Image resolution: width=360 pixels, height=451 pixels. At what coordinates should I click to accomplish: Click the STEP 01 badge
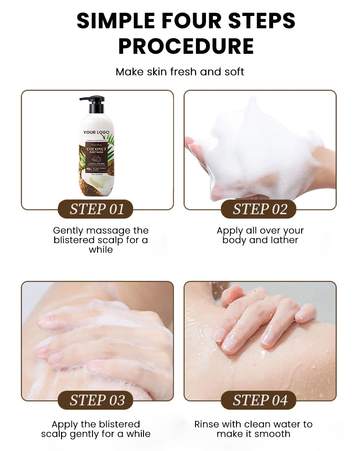[x=97, y=209]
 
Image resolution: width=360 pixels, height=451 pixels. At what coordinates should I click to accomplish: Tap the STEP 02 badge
[x=260, y=209]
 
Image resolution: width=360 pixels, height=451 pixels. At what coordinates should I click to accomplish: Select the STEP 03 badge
[x=97, y=400]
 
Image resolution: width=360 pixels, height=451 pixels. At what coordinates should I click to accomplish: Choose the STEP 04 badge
[x=260, y=400]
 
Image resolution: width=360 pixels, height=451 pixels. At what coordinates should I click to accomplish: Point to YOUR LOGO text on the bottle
[x=96, y=132]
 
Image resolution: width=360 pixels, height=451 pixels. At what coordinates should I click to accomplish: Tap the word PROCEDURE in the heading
[x=186, y=46]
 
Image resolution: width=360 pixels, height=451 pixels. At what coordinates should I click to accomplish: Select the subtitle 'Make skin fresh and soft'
[x=180, y=72]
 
